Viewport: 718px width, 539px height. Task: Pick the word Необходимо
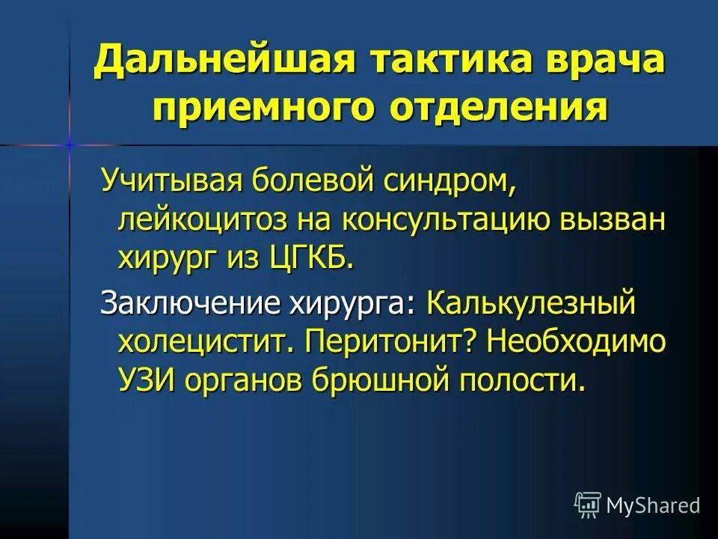click(x=574, y=343)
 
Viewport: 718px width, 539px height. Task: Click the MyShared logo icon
click(x=587, y=505)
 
